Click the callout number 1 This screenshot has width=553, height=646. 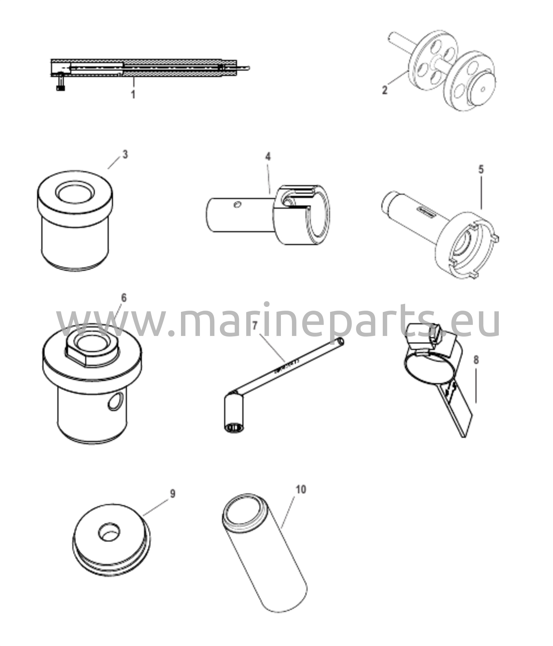(133, 94)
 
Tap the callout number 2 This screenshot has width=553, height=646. (385, 90)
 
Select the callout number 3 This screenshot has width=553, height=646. (125, 155)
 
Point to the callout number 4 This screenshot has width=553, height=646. (268, 157)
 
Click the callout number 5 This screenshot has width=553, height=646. (481, 169)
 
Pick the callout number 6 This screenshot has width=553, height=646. (124, 298)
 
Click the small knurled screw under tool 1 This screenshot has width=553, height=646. (61, 86)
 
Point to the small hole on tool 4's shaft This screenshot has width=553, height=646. (237, 205)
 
